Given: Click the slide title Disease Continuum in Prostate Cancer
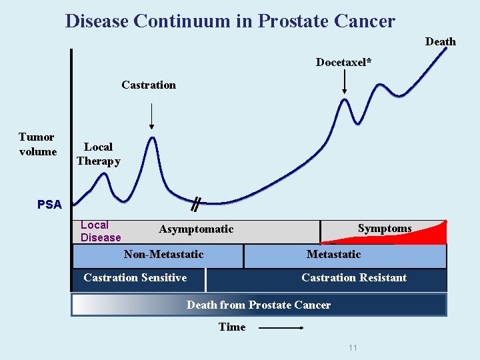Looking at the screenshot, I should [230, 21].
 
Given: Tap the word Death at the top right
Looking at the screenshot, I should [440, 41].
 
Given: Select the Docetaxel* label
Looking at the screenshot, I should [343, 62].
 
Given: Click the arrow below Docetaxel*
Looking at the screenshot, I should [344, 83].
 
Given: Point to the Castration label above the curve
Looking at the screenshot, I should [149, 85].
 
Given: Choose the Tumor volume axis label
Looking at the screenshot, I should [37, 144].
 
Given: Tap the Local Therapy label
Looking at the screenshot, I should [98, 153].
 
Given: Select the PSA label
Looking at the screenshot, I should [49, 205].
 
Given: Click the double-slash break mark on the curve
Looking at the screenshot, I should [195, 204].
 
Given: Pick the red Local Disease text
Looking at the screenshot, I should [101, 231].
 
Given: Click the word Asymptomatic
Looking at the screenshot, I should [196, 229].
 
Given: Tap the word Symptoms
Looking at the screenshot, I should [384, 228].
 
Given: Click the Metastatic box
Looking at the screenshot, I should [344, 255].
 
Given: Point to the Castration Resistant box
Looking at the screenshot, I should [353, 278].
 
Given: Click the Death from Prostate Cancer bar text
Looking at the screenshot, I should [259, 305].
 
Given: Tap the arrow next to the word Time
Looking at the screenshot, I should [281, 327].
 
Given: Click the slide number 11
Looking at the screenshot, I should [353, 347].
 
